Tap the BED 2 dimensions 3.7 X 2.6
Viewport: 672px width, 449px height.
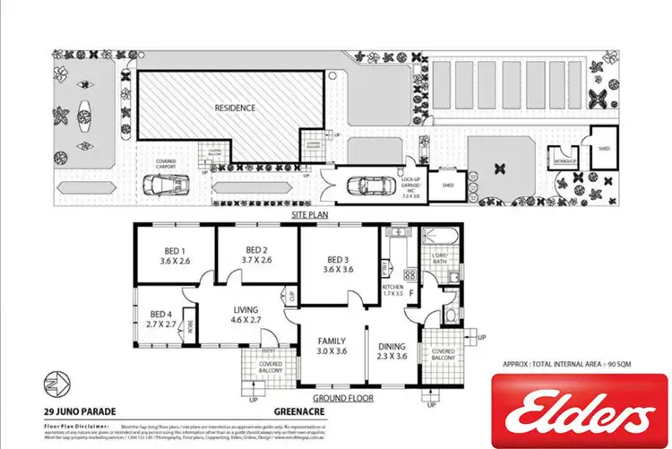(x=256, y=262)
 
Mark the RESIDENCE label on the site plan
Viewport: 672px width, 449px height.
(x=235, y=108)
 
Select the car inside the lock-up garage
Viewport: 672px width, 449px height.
(x=370, y=186)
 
